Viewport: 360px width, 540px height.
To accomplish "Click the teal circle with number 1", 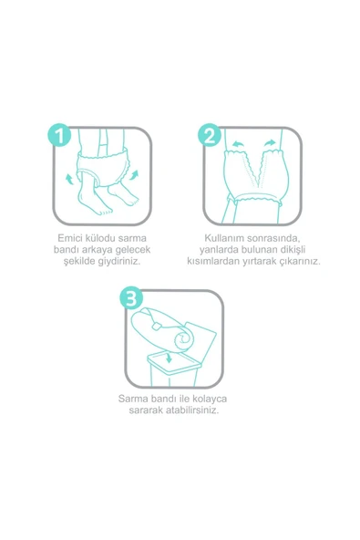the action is point(59,135).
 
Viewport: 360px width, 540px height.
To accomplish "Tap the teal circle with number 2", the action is point(210,135).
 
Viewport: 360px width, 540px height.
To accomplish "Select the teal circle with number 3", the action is point(131,297).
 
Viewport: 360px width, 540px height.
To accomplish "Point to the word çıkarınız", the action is point(302,262).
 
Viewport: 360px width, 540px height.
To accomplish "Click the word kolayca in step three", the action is point(210,399).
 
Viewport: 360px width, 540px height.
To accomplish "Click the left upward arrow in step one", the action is point(69,179).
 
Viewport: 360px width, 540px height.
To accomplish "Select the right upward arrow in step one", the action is point(134,175).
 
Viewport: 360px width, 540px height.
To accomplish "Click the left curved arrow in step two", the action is point(237,143).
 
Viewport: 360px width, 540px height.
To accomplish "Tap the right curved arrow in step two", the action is point(271,143).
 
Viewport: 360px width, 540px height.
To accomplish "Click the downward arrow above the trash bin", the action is point(169,358).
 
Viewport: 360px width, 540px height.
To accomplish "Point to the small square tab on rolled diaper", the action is point(157,327).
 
